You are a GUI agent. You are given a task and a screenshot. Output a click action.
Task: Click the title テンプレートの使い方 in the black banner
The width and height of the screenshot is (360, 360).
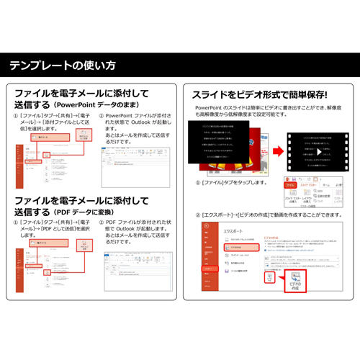(62, 66)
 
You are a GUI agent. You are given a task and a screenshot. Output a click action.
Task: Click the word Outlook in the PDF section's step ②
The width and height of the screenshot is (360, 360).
(135, 231)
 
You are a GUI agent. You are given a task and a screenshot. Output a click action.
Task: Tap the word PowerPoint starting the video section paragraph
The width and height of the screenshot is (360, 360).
(209, 107)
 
